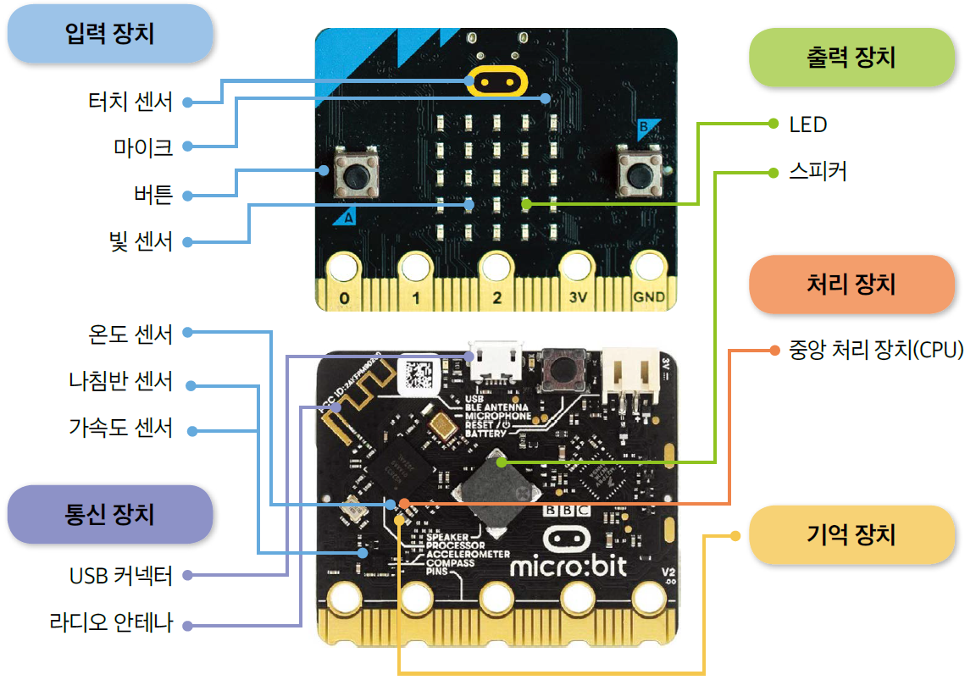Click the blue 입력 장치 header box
point(109,35)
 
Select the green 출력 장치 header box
point(852,58)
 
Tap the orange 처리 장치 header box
point(851,285)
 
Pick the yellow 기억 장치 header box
point(851,534)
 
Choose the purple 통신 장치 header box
point(109,514)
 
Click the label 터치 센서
point(130,102)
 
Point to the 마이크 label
point(143,147)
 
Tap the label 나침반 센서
point(121,382)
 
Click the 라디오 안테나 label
point(111,624)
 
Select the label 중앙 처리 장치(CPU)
point(876,349)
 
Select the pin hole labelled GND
point(650,269)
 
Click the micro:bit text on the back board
point(568,565)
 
